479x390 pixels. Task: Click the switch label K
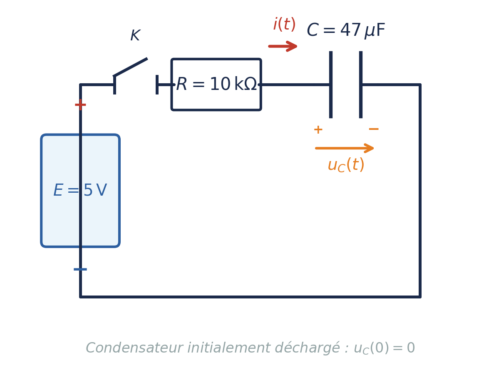(135, 36)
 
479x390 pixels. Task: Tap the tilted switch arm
(131, 67)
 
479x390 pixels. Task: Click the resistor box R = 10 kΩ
(216, 84)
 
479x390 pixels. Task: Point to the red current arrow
(283, 46)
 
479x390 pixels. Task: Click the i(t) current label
(284, 25)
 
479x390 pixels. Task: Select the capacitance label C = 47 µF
(345, 30)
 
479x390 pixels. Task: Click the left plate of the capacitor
(331, 84)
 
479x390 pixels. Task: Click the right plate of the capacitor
(361, 84)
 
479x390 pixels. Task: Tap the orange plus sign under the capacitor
(318, 129)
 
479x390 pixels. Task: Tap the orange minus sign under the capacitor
(373, 129)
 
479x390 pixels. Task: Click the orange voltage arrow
(345, 148)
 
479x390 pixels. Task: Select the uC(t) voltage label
(345, 165)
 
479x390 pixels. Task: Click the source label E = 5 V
(80, 191)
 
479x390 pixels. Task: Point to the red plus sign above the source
(80, 104)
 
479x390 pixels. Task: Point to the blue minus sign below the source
(80, 269)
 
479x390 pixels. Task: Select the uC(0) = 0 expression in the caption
(384, 348)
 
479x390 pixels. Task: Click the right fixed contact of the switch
(157, 84)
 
